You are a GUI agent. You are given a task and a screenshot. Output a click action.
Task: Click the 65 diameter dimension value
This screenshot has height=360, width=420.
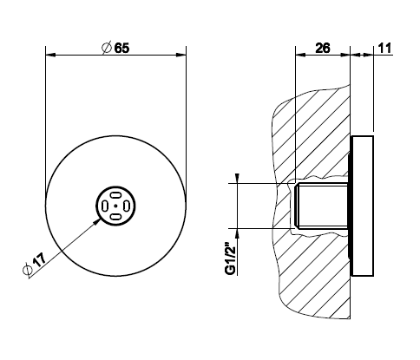[x=121, y=48]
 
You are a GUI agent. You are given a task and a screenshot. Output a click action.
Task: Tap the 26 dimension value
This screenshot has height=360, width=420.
[x=323, y=48]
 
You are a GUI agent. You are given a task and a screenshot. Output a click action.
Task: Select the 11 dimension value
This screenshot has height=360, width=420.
[x=384, y=48]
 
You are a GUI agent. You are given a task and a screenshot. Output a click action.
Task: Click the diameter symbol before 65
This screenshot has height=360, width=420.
[x=107, y=48]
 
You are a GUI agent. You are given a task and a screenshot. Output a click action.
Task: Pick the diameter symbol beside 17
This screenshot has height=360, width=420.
[x=27, y=270]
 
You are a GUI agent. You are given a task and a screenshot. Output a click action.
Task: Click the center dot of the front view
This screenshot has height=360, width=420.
[x=115, y=206]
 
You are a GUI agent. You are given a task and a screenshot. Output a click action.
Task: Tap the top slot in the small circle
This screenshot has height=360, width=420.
[x=115, y=195]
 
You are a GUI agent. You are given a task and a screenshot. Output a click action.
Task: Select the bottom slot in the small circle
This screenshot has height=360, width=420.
[x=115, y=217]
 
